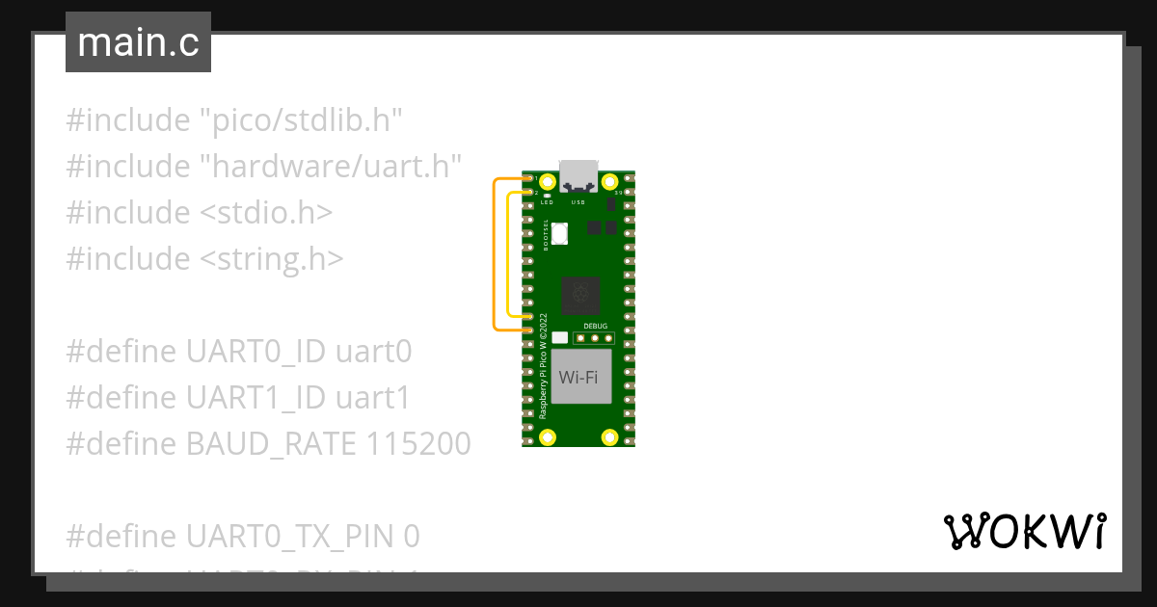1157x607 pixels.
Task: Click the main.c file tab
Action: [x=138, y=42]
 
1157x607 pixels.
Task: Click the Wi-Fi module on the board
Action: [x=578, y=377]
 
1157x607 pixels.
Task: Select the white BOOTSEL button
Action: [x=560, y=232]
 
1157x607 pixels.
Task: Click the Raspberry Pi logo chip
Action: [x=580, y=295]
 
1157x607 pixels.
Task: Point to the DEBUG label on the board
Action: [x=595, y=326]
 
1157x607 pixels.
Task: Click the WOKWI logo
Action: [x=1024, y=531]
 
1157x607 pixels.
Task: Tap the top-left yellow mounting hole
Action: [x=548, y=181]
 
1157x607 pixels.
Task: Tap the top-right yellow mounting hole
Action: [x=609, y=181]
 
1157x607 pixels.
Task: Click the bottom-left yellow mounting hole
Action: [x=548, y=437]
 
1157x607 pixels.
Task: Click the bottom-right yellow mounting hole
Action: [x=609, y=437]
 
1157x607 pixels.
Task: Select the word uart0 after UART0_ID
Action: [x=373, y=351]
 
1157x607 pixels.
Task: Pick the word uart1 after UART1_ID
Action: [x=372, y=397]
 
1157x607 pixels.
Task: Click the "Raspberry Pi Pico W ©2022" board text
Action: [x=543, y=365]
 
